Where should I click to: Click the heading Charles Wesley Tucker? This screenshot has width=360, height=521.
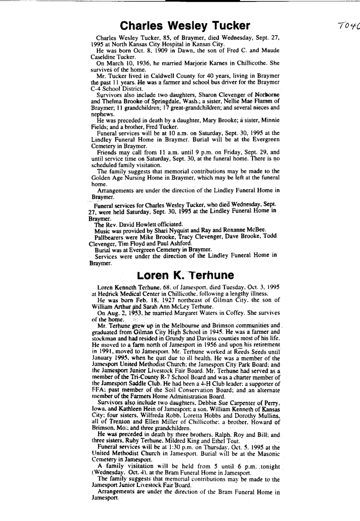tap(185, 25)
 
